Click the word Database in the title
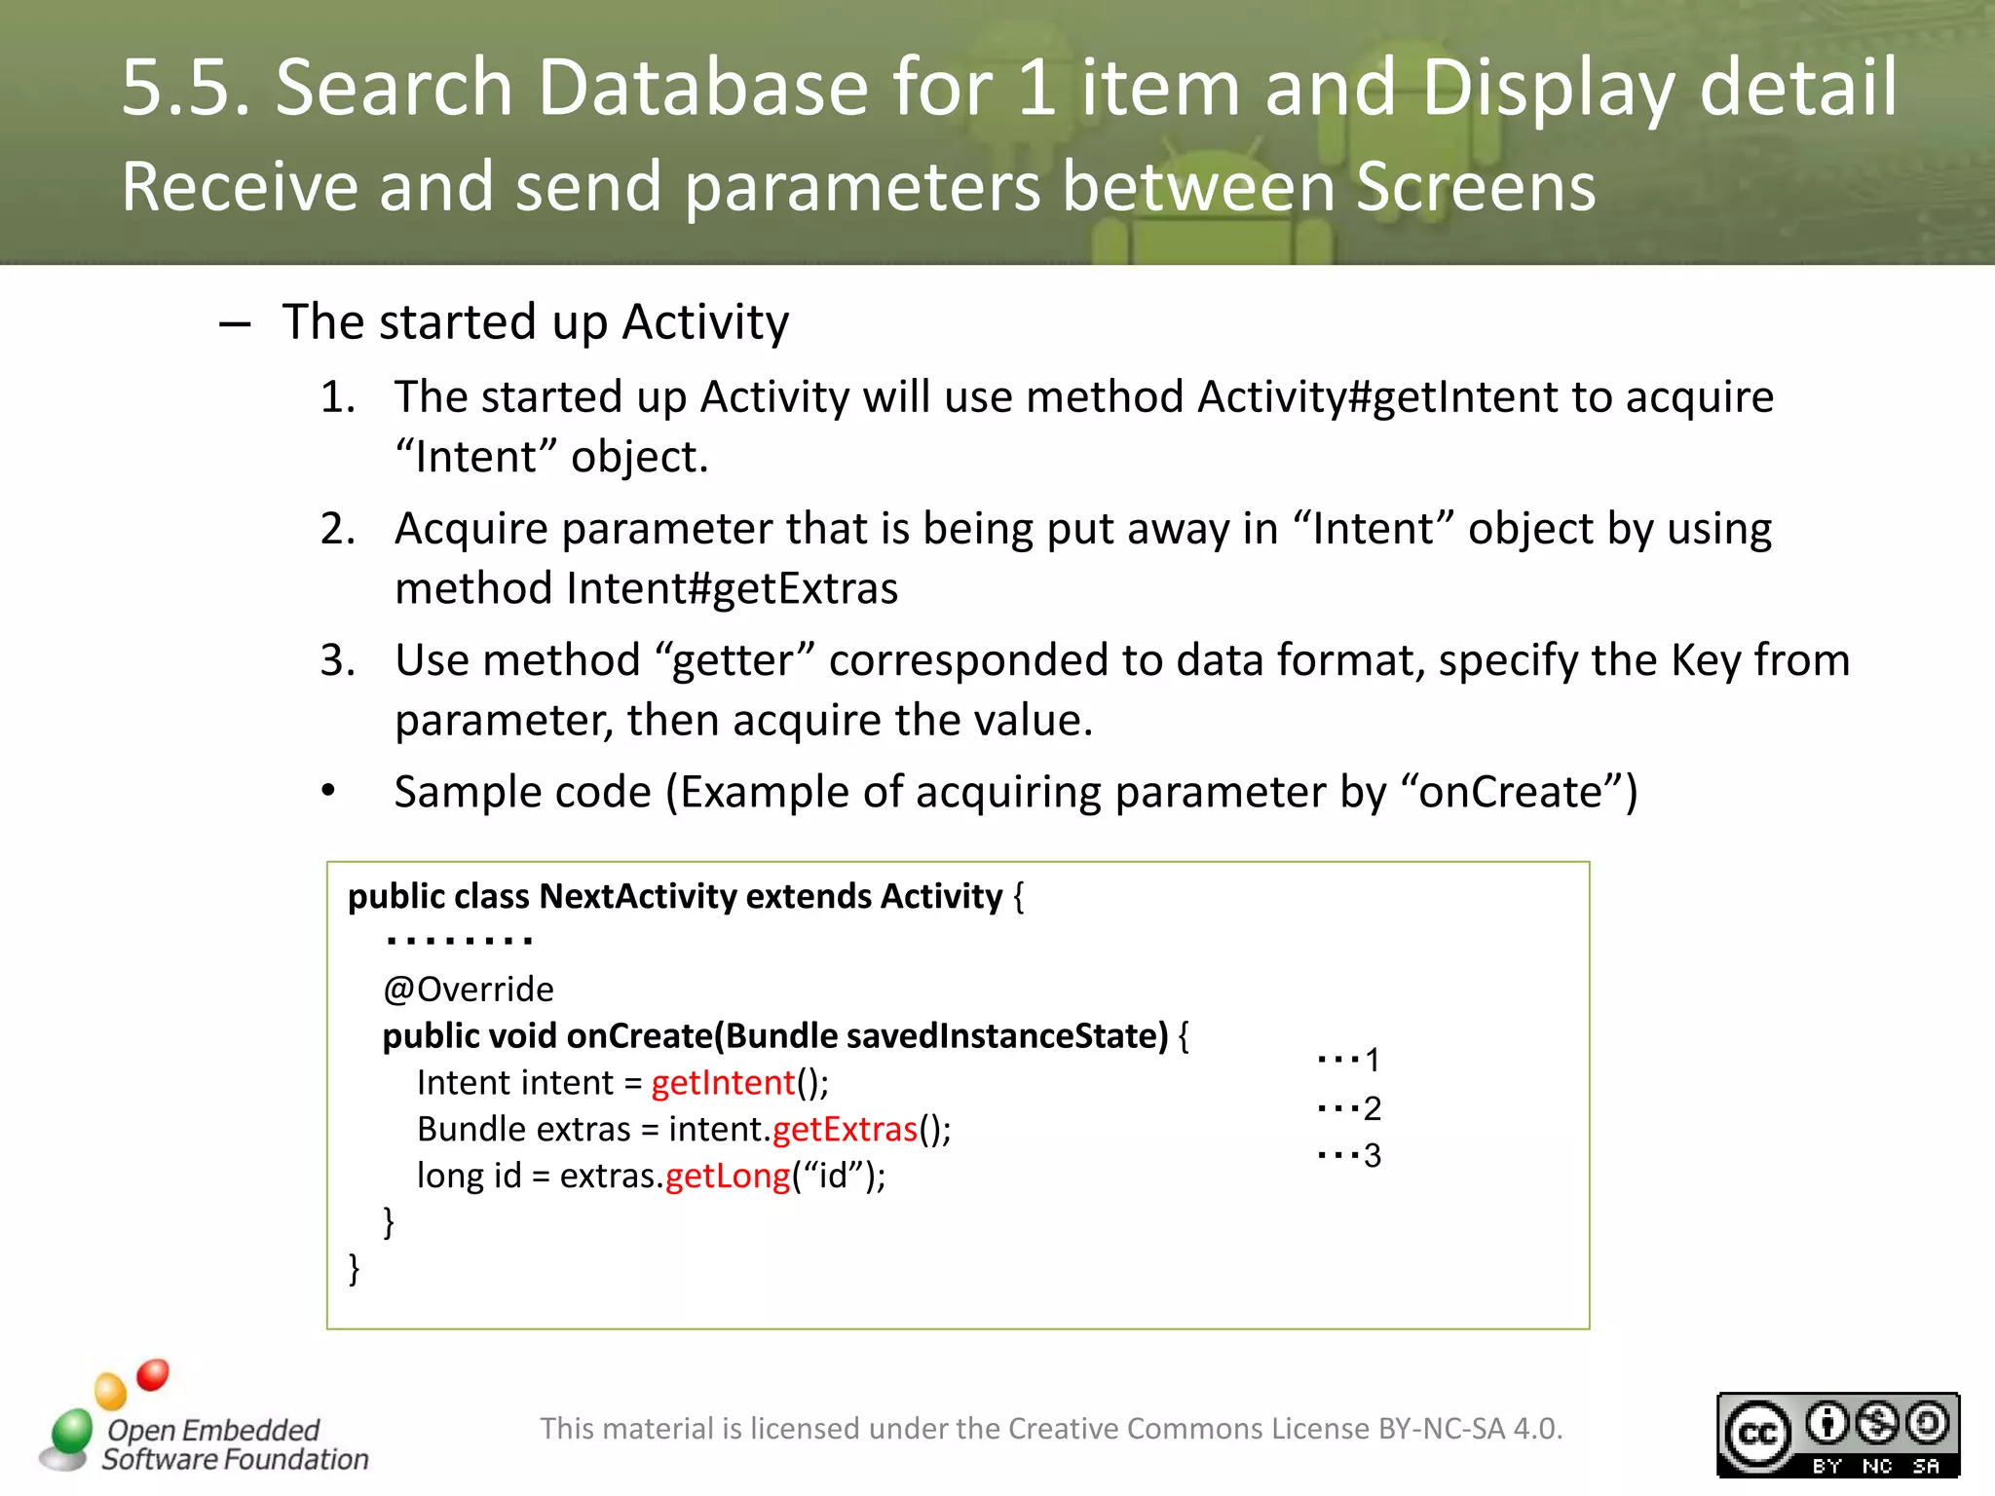point(702,88)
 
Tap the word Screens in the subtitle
point(1476,186)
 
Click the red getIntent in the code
point(724,1083)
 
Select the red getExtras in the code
point(845,1129)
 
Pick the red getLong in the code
point(728,1176)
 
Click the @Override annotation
point(469,990)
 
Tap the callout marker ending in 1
point(1349,1059)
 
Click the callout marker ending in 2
point(1349,1107)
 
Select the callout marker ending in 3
point(1349,1155)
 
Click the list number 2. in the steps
point(337,529)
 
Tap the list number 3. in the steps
point(337,660)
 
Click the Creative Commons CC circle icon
point(1758,1434)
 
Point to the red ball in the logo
point(153,1374)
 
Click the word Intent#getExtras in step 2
point(732,588)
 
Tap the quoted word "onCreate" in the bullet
point(1510,792)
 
